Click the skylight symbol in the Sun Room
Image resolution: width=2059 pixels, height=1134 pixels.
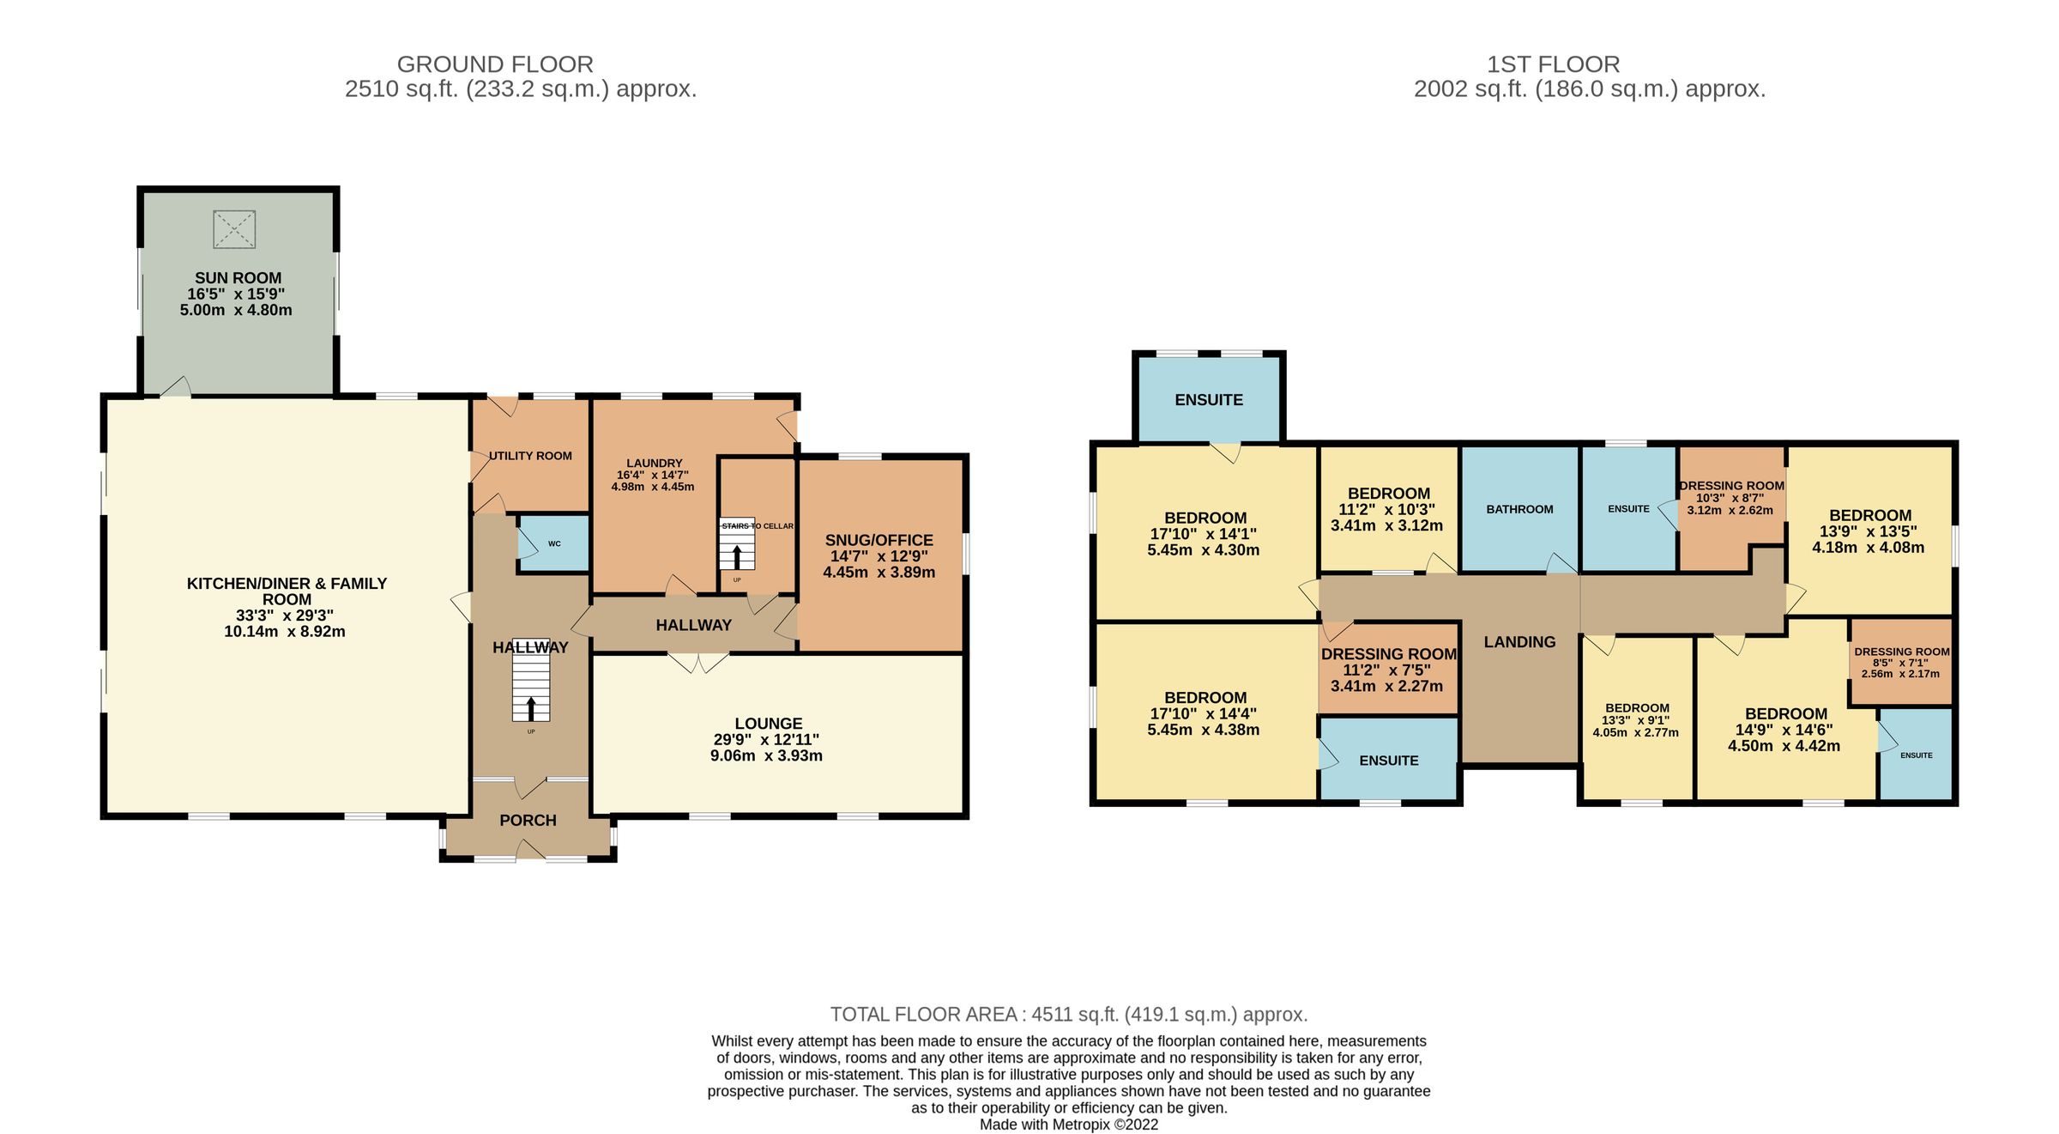tap(234, 229)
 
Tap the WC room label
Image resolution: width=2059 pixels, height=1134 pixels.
tap(554, 543)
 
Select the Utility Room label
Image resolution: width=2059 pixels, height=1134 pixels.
tap(530, 456)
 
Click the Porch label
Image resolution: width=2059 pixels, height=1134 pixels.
tap(528, 821)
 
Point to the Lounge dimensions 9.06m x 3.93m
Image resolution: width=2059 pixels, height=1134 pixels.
tap(766, 755)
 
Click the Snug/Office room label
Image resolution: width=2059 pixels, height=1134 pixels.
tap(879, 540)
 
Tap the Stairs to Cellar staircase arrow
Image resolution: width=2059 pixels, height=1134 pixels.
tap(737, 555)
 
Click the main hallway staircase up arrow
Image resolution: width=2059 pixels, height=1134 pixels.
tap(531, 708)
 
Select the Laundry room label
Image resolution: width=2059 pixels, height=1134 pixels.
tap(654, 463)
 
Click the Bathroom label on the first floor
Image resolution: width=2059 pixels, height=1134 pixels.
tap(1519, 509)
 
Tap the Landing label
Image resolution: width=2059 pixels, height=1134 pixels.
tap(1519, 642)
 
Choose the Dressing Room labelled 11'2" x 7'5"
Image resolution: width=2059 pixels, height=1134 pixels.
tap(1388, 654)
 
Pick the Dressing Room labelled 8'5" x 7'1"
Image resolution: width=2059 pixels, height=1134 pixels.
tap(1901, 652)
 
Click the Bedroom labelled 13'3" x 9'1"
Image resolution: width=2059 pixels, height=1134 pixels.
tap(1637, 708)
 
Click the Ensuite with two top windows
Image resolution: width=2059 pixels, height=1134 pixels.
tap(1208, 400)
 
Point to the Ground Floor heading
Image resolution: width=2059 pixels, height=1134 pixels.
tap(495, 64)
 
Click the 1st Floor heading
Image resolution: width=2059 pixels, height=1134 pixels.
tap(1553, 64)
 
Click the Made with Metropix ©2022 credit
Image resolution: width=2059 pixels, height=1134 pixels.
tap(1068, 1125)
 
